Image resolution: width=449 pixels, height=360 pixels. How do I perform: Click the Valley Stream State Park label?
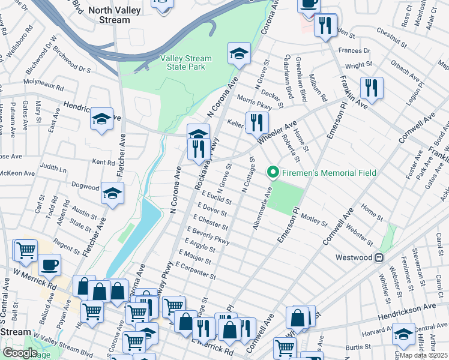(x=186, y=63)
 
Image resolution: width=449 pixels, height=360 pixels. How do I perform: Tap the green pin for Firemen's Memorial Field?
(x=273, y=173)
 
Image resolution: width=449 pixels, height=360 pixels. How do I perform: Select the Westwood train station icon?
(x=379, y=258)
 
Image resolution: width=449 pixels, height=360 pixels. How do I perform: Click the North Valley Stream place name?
(x=118, y=15)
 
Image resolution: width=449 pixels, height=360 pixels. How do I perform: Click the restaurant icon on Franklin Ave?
(x=372, y=89)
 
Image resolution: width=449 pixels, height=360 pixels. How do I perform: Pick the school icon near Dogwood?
(x=111, y=193)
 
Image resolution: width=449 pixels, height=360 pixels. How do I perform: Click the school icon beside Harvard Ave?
(x=403, y=334)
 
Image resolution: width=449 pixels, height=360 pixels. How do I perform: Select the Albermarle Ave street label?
(x=262, y=207)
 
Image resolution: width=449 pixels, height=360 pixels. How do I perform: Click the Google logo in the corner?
(x=19, y=353)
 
